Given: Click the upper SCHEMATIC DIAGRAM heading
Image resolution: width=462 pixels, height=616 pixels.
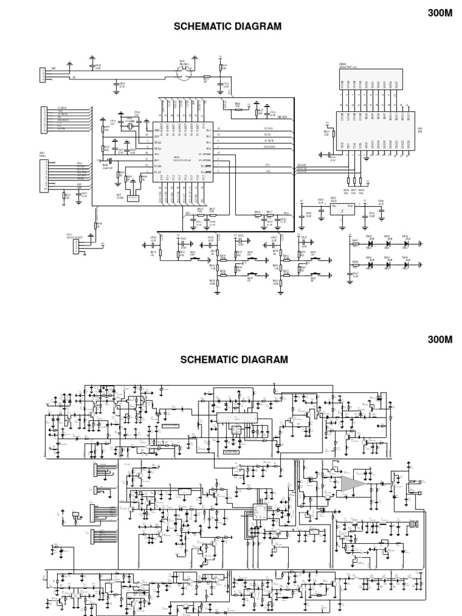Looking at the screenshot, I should (227, 26).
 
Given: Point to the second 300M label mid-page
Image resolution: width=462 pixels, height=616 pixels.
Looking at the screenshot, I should (439, 339).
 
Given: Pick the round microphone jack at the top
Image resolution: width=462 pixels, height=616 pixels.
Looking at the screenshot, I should (184, 73).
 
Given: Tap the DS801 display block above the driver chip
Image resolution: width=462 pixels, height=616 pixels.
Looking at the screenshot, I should (368, 84).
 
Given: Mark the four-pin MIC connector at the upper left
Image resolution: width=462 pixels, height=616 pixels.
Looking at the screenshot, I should (43, 75).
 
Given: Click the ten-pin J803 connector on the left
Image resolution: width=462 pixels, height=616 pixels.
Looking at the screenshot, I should (44, 175).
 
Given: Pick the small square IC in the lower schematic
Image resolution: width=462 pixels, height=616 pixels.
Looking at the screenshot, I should (259, 511).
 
